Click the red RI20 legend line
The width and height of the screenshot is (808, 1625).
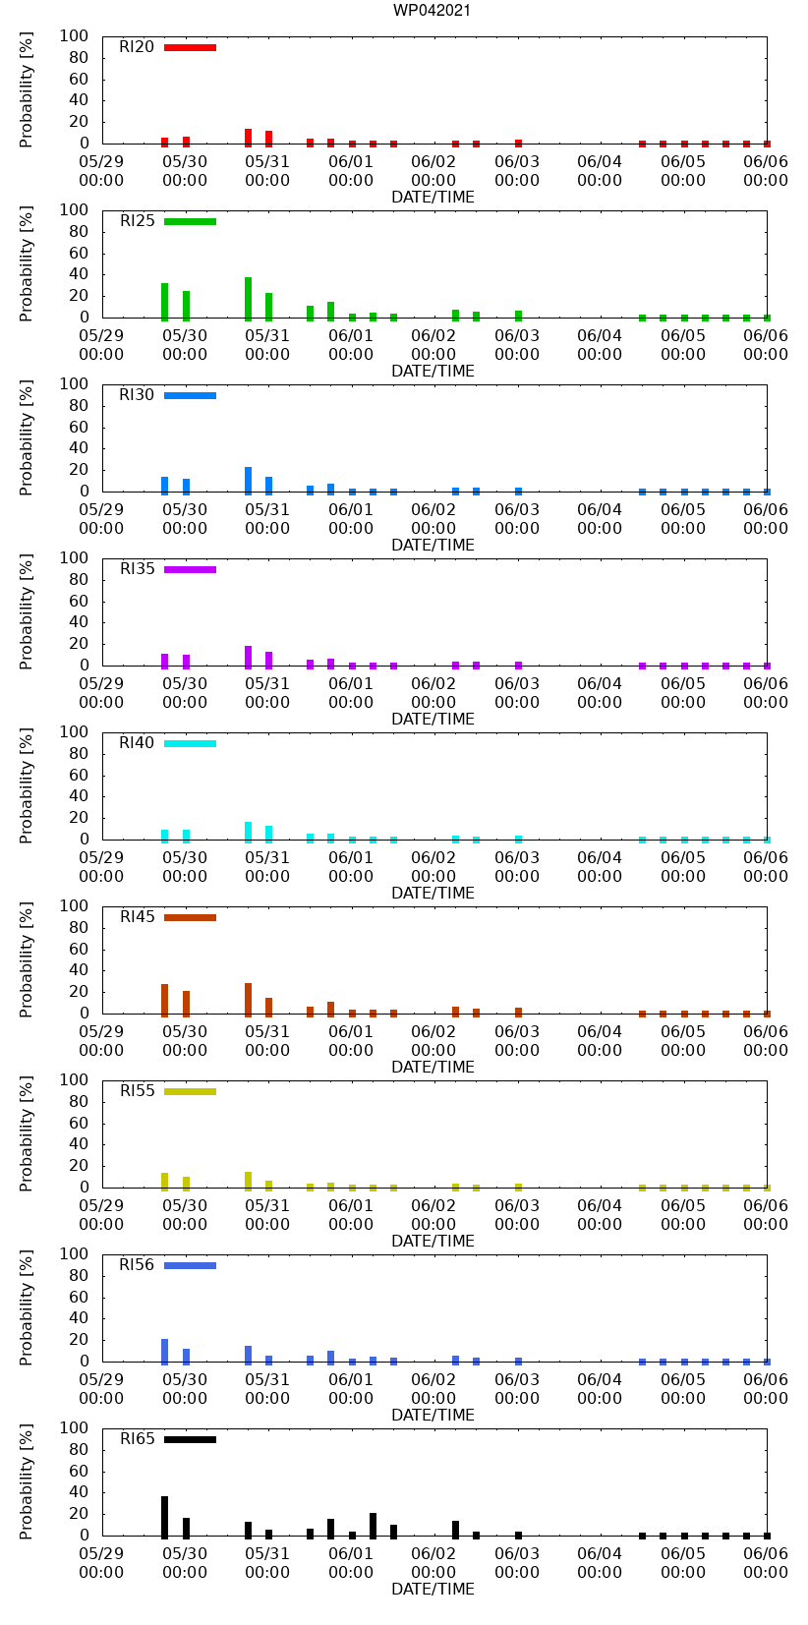[190, 47]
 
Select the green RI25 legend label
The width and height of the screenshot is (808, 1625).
[138, 221]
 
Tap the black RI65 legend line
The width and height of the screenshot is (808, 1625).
[190, 1439]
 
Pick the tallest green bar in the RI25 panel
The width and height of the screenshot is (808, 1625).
[248, 298]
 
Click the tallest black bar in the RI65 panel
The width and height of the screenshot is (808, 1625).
[165, 1517]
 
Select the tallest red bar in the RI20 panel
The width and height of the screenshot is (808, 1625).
[248, 137]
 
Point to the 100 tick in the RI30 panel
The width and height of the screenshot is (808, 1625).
[75, 384]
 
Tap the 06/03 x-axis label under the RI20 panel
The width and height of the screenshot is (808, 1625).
[517, 161]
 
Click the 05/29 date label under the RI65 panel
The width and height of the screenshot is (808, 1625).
[101, 1553]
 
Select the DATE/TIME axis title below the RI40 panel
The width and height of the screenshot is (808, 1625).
[433, 893]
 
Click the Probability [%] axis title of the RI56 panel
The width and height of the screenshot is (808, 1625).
[27, 1307]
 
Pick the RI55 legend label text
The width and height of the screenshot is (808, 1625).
[138, 1091]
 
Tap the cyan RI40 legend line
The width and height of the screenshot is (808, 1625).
[190, 743]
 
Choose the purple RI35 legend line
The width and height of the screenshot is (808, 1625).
[190, 569]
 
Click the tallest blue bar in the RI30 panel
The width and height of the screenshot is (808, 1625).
[248, 480]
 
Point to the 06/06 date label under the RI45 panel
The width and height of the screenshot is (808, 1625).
[766, 1031]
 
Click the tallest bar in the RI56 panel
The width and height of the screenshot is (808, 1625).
[165, 1351]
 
